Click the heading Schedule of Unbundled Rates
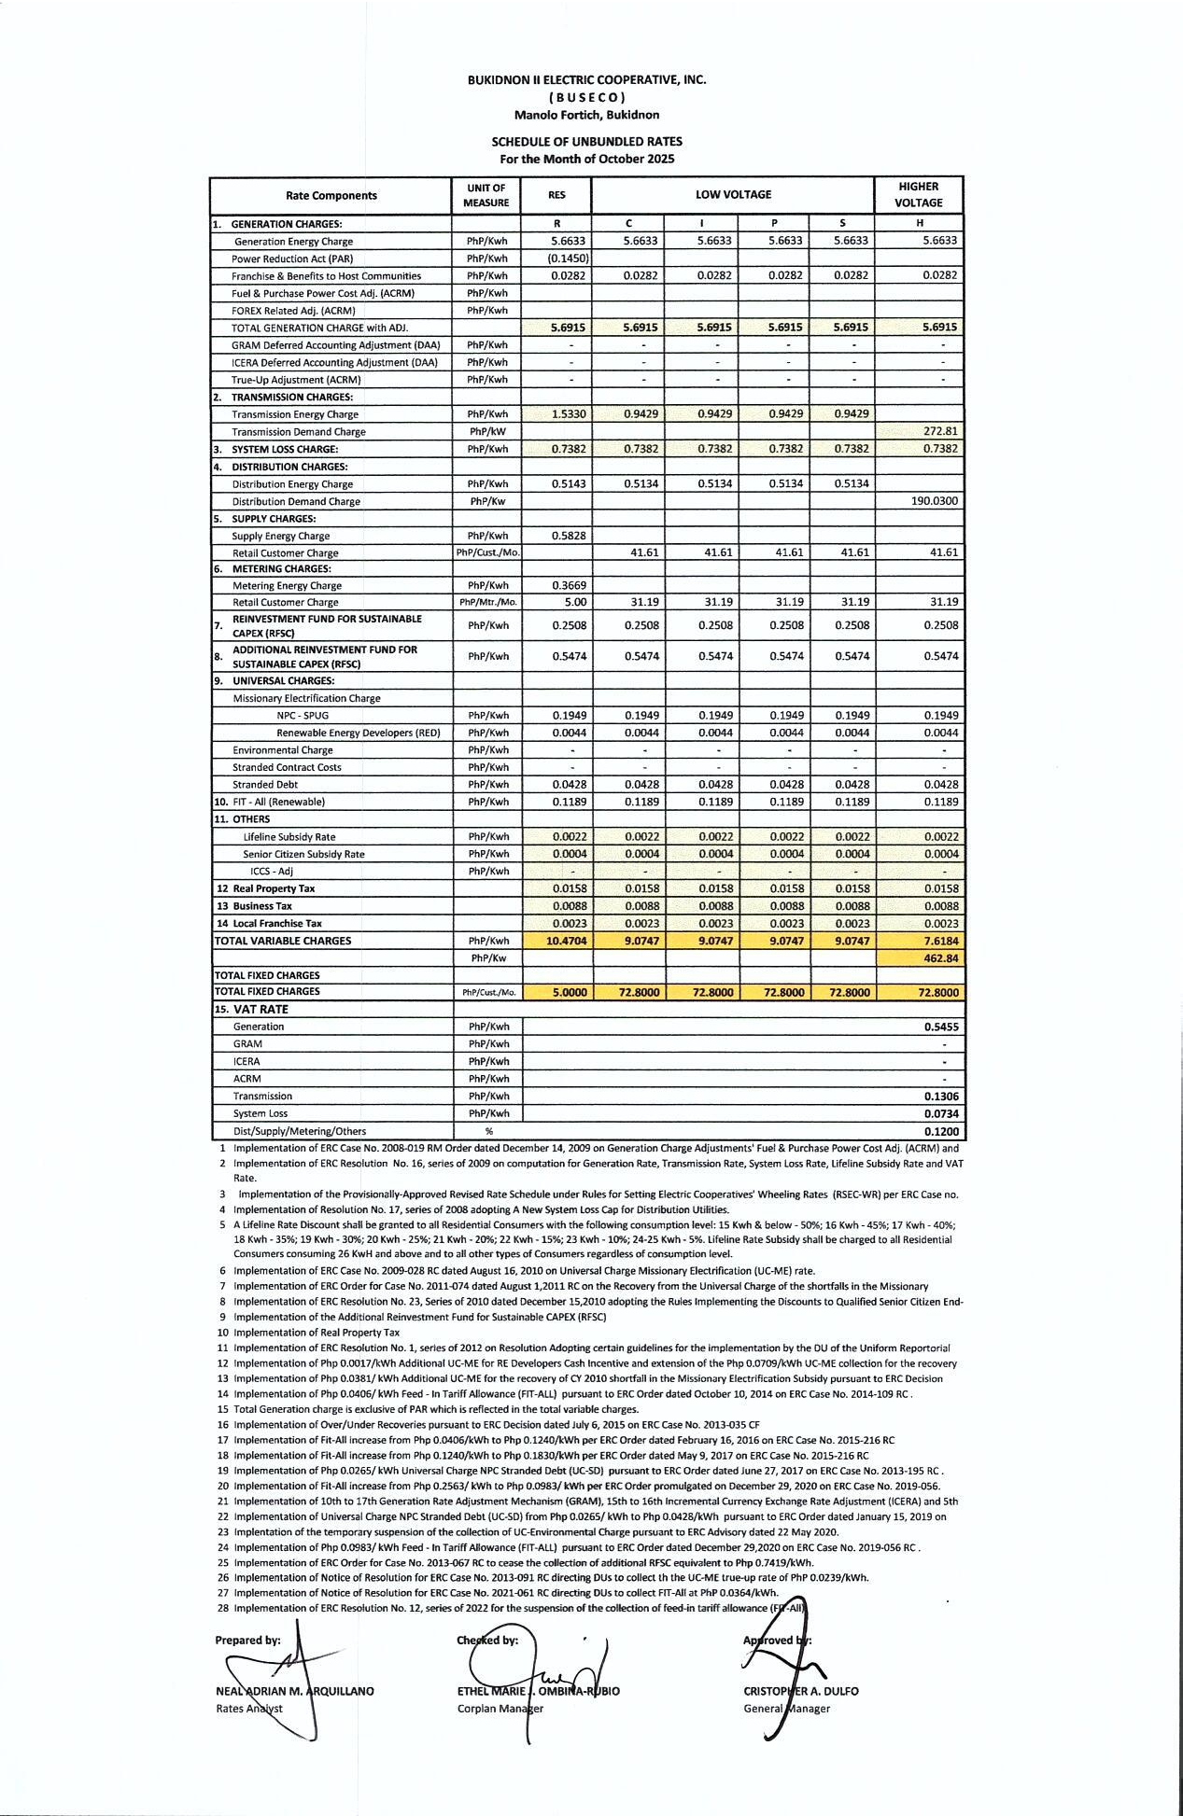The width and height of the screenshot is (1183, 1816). click(586, 142)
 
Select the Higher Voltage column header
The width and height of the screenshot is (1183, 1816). click(918, 195)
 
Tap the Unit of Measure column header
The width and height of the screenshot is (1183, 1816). click(486, 195)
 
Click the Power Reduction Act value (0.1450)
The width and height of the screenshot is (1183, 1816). click(568, 258)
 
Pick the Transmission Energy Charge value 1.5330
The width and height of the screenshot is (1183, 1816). click(568, 414)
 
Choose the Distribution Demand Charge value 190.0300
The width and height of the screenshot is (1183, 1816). click(934, 501)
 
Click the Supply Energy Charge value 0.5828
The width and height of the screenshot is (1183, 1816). click(568, 536)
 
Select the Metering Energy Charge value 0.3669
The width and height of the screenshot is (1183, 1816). click(568, 586)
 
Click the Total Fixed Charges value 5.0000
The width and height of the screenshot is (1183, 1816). click(569, 993)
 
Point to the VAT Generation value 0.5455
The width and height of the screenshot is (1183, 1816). click(941, 1027)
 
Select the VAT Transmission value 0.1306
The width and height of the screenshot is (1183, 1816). click(941, 1097)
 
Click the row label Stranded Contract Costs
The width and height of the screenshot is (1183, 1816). click(287, 768)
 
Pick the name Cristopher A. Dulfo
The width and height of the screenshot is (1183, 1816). click(800, 1691)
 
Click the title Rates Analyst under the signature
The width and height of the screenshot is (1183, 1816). click(248, 1709)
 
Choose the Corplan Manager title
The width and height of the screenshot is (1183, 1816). click(500, 1709)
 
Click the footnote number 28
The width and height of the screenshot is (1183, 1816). click(223, 1608)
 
